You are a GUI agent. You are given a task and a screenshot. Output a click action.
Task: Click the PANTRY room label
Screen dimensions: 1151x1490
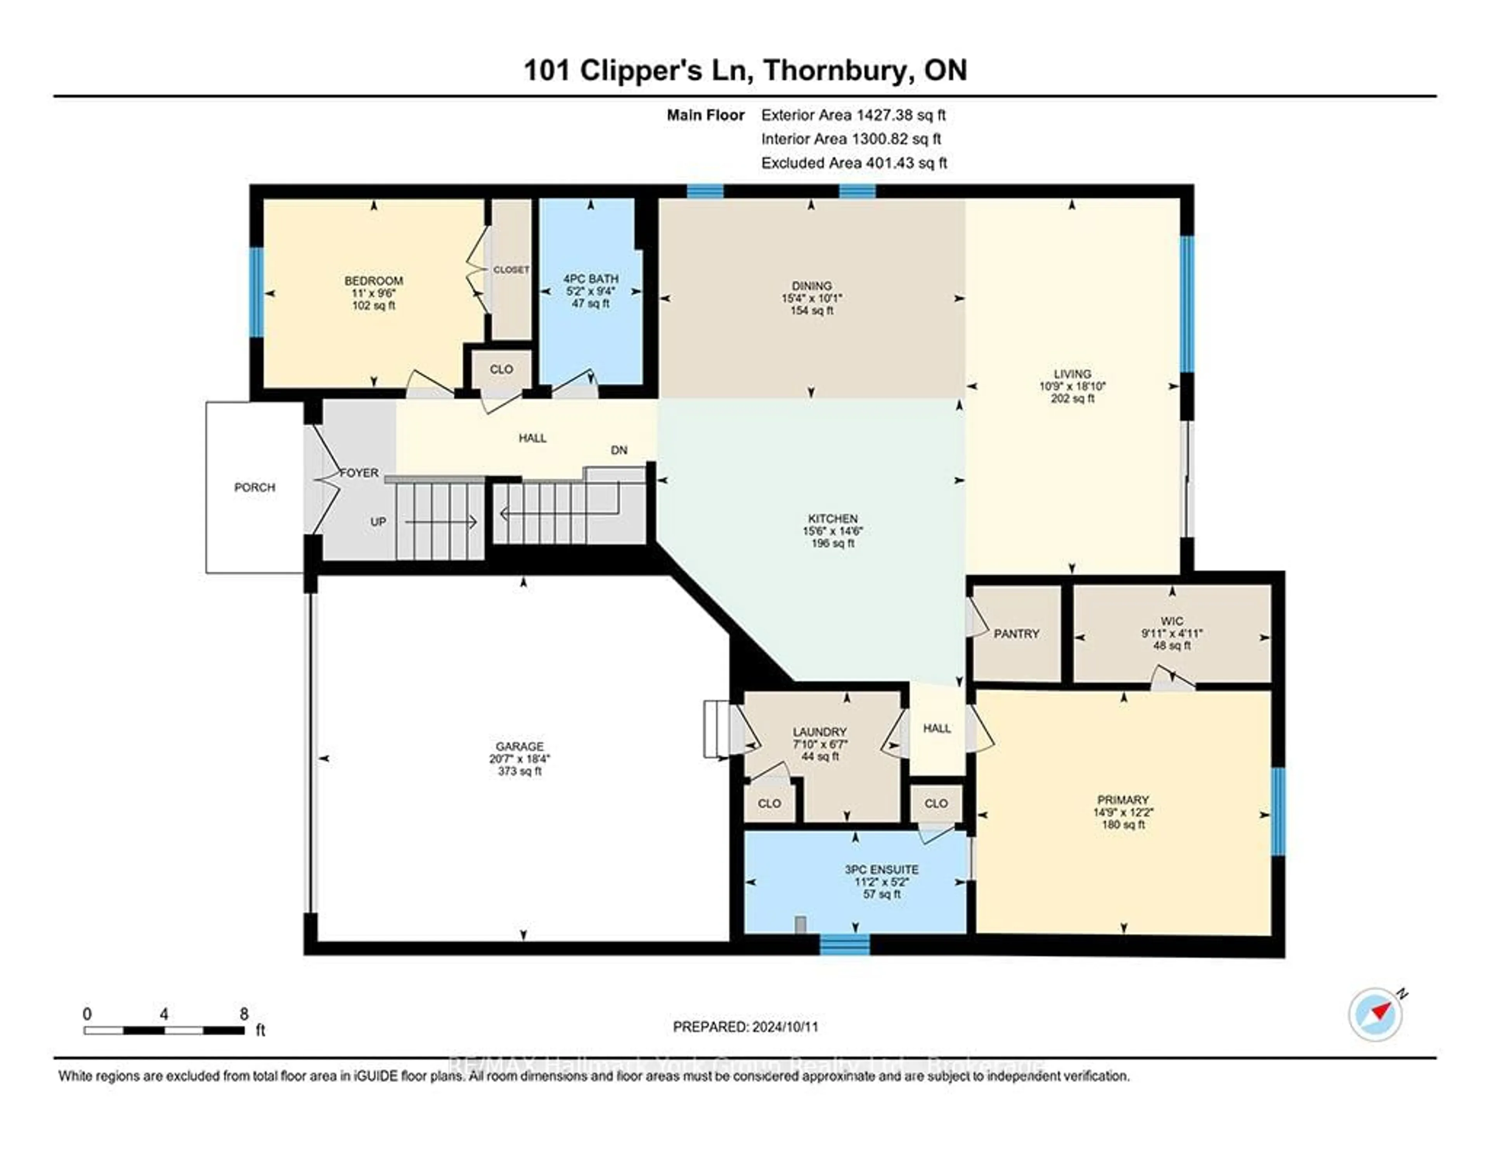1016,634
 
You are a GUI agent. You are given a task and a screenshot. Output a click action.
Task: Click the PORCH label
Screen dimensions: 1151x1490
255,487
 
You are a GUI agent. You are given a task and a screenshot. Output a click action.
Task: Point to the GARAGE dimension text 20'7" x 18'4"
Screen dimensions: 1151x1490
520,759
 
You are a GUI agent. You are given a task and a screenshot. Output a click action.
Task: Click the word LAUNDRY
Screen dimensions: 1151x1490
819,732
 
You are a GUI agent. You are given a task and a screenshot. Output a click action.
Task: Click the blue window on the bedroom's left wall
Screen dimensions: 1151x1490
256,292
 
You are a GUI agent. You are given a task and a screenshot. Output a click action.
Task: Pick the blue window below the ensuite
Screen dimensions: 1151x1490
845,945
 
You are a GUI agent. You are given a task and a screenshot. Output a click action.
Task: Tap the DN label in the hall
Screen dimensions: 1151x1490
619,450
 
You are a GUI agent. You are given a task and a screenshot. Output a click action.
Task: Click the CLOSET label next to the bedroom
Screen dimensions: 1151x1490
511,269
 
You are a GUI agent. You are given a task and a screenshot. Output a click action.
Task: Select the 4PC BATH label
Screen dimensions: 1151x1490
591,278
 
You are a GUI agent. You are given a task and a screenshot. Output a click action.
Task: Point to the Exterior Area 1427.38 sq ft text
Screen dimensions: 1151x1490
853,115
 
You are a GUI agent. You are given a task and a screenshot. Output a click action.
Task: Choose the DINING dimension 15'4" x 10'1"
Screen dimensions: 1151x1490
812,298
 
